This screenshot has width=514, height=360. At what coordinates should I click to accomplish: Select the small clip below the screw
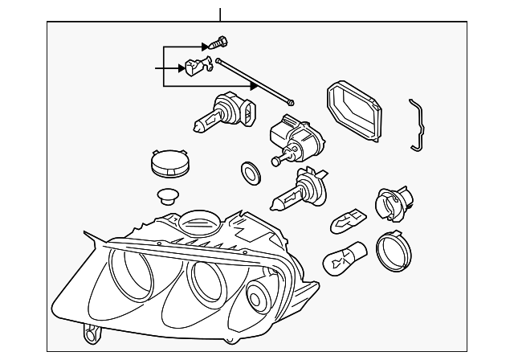(x=195, y=68)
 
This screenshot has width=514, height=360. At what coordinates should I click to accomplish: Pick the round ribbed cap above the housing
(x=169, y=163)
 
